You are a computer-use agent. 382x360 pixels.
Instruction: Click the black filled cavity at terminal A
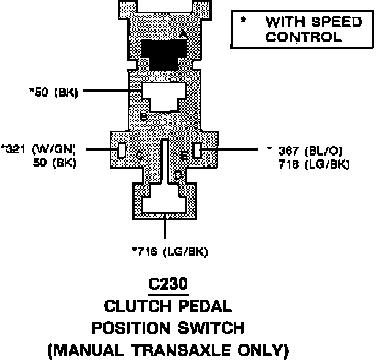click(x=163, y=54)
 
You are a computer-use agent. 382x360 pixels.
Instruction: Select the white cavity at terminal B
click(x=163, y=95)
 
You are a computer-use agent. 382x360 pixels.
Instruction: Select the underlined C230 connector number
click(x=168, y=285)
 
